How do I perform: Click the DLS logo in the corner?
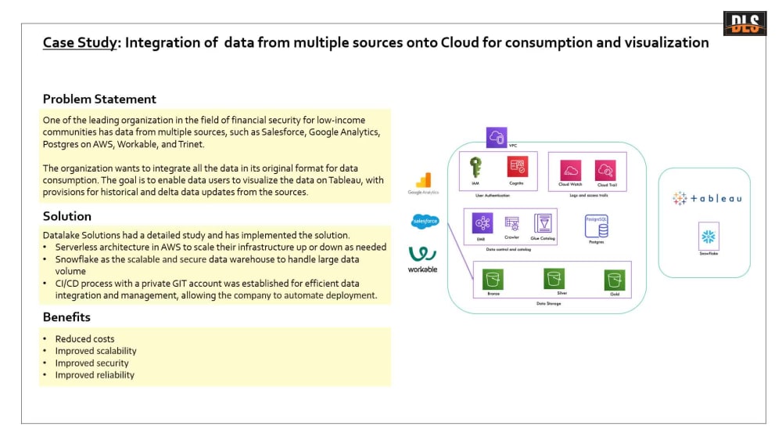click(744, 23)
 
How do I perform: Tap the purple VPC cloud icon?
click(497, 138)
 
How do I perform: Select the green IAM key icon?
click(475, 167)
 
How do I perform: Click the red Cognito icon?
click(517, 167)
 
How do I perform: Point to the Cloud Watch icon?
click(571, 170)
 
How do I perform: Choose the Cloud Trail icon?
click(606, 170)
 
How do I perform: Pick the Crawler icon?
click(512, 224)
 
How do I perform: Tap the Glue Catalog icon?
click(543, 223)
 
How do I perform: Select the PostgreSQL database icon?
click(597, 227)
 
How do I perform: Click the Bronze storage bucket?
click(493, 280)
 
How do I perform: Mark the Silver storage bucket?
click(555, 278)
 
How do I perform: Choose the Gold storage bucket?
click(612, 280)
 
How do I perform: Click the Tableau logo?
click(707, 198)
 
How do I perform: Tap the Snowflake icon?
click(708, 237)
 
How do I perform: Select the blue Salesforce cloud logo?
click(425, 222)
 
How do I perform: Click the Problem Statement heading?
click(99, 99)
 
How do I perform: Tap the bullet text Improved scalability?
click(95, 351)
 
